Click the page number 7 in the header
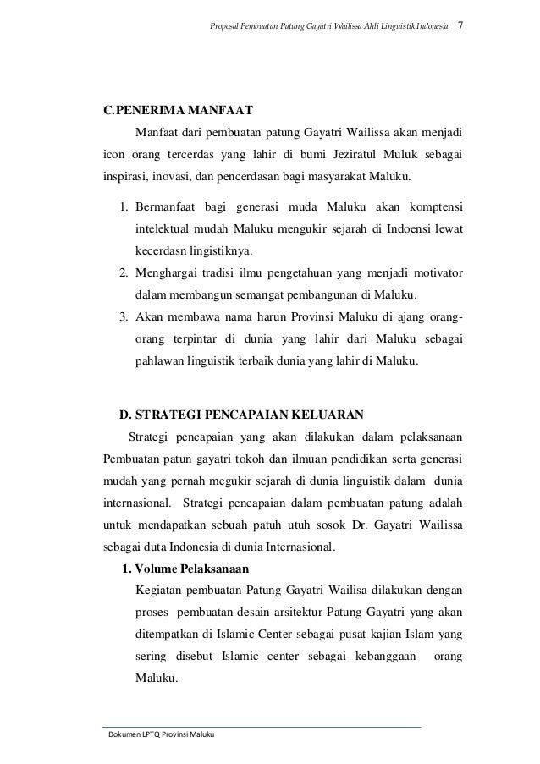click(460, 25)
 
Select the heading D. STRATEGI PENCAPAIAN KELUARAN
click(241, 415)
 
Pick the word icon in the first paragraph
click(114, 156)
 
